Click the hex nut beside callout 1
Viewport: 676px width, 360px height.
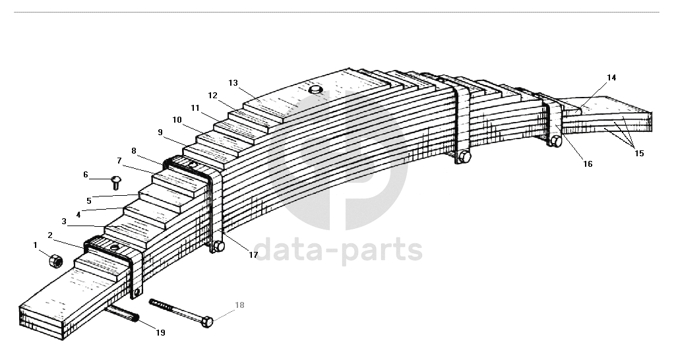[56, 261]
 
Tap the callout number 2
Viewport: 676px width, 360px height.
[50, 235]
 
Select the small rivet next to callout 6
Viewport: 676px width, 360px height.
[115, 181]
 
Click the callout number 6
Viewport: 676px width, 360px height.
[85, 175]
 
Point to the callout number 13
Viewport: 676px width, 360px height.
[233, 83]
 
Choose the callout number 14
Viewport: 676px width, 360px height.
[611, 78]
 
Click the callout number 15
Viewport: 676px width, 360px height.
[639, 154]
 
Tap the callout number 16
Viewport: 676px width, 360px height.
[588, 164]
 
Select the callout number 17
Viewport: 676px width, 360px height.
[253, 255]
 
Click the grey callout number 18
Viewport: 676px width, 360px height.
[239, 305]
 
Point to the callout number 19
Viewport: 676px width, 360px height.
[160, 332]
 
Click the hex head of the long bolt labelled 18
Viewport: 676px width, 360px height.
[206, 322]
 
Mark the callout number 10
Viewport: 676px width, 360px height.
[177, 120]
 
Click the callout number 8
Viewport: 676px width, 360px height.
[134, 151]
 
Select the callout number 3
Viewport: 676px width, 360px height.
[64, 222]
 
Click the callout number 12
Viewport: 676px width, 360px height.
[212, 96]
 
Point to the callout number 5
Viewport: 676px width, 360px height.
[88, 200]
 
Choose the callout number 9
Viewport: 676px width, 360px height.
[160, 133]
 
